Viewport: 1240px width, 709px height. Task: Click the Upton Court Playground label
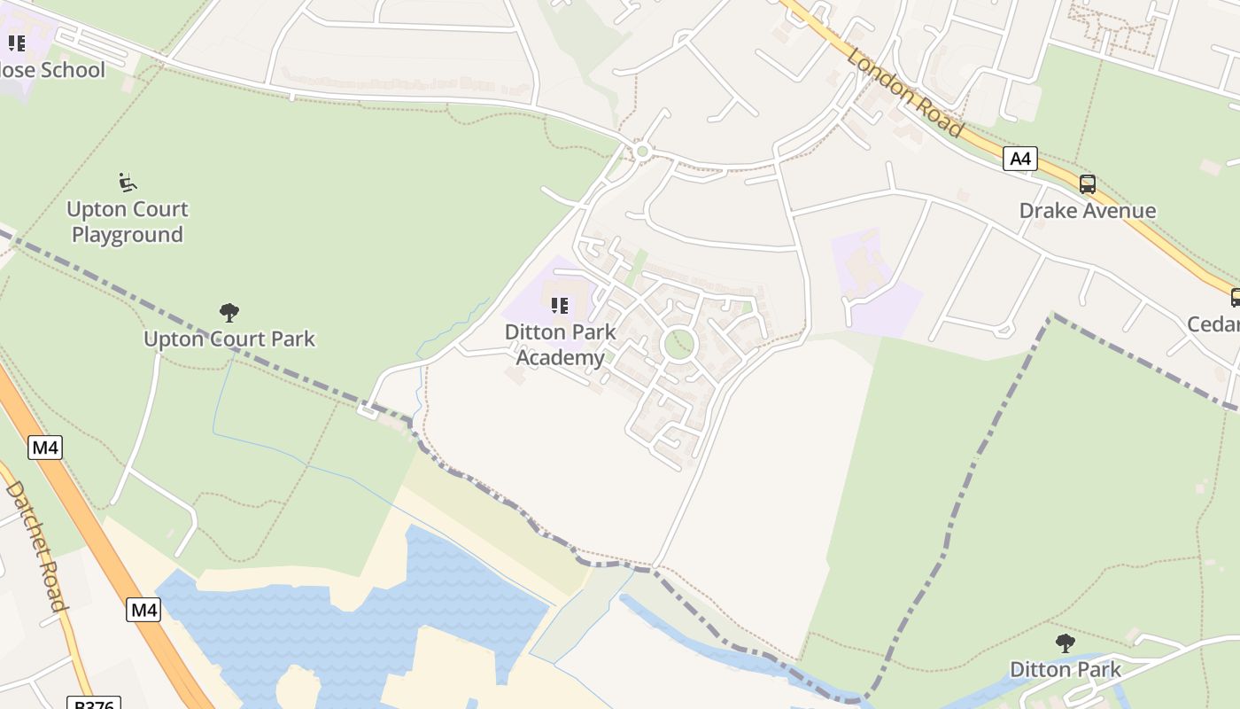point(128,222)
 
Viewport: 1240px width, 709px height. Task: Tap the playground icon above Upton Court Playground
point(128,183)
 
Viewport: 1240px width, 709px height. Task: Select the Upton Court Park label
point(229,339)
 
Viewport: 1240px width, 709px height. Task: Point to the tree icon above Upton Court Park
point(229,312)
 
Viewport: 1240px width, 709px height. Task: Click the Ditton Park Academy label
point(560,344)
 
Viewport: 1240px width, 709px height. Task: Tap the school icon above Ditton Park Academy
point(560,306)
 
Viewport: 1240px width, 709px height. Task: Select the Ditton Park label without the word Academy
point(1066,669)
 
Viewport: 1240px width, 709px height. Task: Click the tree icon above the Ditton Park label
point(1066,643)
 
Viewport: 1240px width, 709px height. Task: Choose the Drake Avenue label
point(1087,211)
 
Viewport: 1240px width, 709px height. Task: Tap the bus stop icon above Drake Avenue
point(1087,184)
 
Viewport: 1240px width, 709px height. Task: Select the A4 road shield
point(1020,159)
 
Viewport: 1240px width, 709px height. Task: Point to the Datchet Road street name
point(36,546)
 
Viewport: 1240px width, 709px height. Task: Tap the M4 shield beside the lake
point(143,610)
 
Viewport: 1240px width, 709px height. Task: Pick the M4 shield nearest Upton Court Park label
point(45,448)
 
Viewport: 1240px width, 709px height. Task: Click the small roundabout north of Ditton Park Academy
point(643,152)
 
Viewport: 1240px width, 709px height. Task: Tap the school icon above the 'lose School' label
point(17,43)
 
